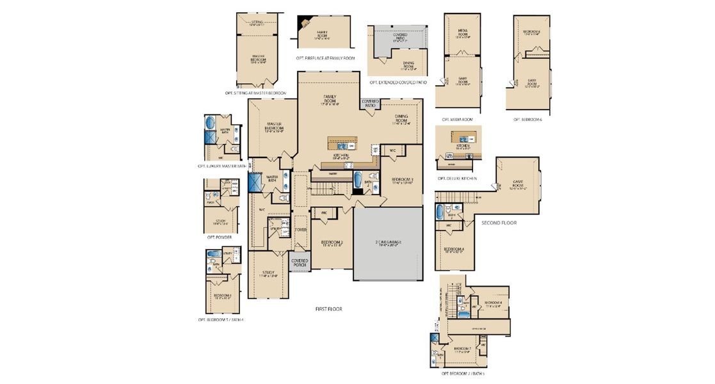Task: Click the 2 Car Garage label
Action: [x=387, y=243]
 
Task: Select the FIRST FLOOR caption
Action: [x=328, y=309]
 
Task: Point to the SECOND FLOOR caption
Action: [x=499, y=223]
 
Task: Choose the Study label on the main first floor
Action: [x=269, y=274]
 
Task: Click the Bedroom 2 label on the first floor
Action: [x=332, y=243]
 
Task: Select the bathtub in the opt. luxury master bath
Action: [x=211, y=123]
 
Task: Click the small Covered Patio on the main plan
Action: [x=370, y=104]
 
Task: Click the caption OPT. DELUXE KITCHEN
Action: [x=457, y=179]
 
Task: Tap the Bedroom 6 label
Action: [x=531, y=32]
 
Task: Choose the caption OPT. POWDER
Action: [x=219, y=237]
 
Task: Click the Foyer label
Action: [x=300, y=229]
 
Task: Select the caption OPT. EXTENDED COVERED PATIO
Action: [x=398, y=83]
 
